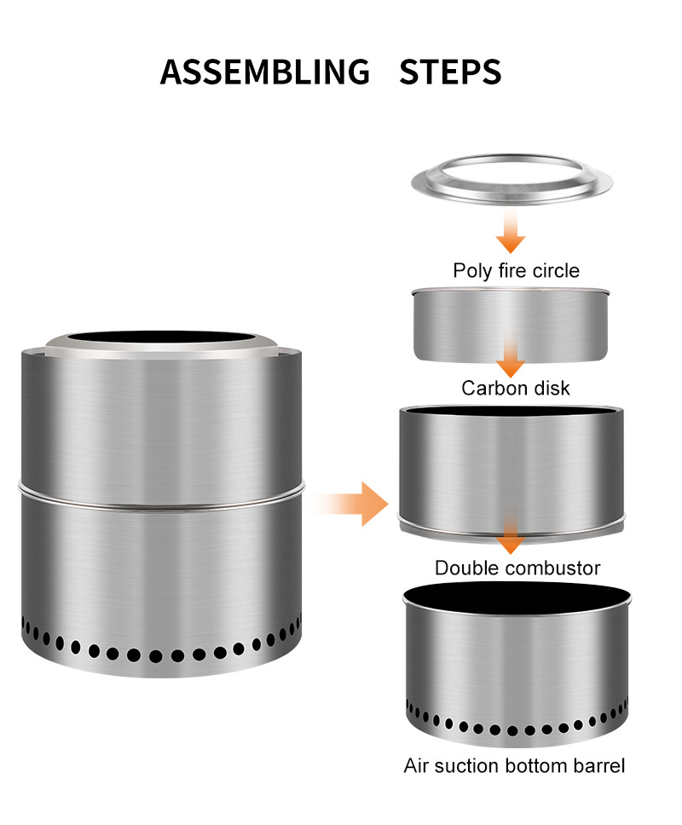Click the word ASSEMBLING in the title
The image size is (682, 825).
tap(265, 72)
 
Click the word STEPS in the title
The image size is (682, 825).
tap(450, 72)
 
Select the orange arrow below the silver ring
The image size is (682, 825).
tap(511, 232)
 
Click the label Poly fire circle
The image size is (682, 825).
tap(516, 271)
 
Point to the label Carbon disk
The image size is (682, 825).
tap(516, 389)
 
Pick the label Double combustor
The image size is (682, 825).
tap(517, 568)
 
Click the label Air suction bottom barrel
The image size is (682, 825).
tap(514, 765)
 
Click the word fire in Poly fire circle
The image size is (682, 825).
tap(507, 271)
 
